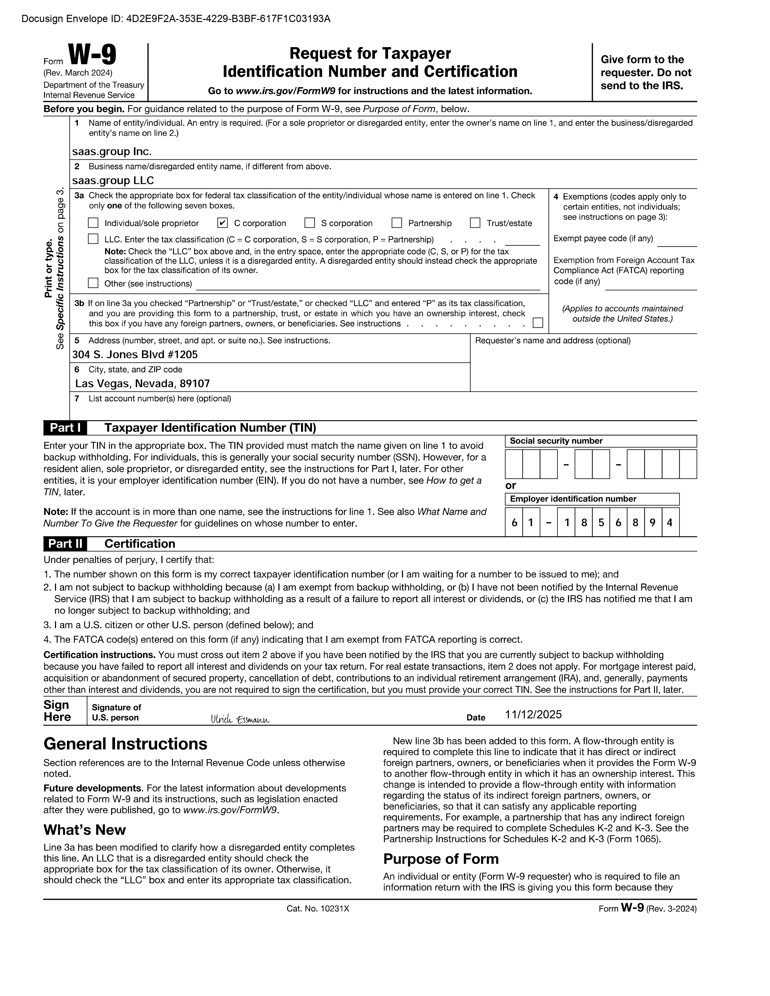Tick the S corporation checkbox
point(310,223)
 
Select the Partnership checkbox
point(397,223)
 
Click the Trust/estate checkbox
point(475,223)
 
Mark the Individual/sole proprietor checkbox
point(93,223)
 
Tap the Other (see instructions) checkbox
point(93,283)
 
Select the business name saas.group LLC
point(113,180)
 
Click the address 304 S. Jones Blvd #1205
point(135,354)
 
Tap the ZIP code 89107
point(195,384)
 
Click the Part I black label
point(65,428)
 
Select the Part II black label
point(65,544)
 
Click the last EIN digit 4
point(670,522)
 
